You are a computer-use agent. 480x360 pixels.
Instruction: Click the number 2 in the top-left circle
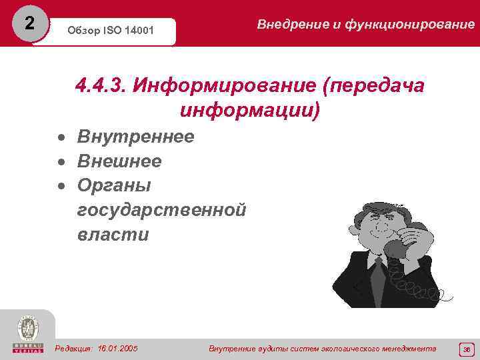click(28, 23)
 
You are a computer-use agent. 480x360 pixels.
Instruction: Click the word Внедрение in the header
click(291, 24)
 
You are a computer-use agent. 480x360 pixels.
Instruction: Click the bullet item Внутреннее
click(135, 137)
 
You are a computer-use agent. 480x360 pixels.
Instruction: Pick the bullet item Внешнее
click(119, 161)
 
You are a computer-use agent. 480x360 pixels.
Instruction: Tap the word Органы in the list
click(114, 185)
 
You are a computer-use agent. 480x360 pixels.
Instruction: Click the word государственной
click(161, 210)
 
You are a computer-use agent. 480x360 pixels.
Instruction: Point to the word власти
click(113, 235)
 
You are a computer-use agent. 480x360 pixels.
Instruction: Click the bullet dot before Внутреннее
click(61, 138)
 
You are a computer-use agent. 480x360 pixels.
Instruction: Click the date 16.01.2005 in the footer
click(117, 349)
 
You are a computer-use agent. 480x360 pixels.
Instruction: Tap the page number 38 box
click(467, 349)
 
